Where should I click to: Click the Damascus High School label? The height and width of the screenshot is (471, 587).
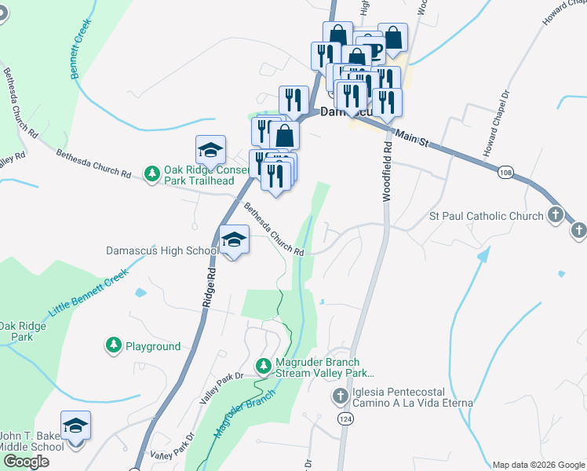[162, 251]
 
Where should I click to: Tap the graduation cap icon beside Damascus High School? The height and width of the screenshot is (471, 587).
[234, 239]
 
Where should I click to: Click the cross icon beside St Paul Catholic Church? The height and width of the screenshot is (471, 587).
[556, 214]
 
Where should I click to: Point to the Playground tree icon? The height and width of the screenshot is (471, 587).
[113, 345]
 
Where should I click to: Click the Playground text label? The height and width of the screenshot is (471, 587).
[153, 346]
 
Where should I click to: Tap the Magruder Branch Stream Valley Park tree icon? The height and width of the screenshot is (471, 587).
[264, 366]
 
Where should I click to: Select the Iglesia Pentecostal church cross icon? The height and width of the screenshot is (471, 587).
[340, 396]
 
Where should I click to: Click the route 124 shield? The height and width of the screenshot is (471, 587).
[345, 421]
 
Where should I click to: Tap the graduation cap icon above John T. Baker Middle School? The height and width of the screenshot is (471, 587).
[75, 425]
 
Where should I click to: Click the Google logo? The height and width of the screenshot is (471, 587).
[27, 462]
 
